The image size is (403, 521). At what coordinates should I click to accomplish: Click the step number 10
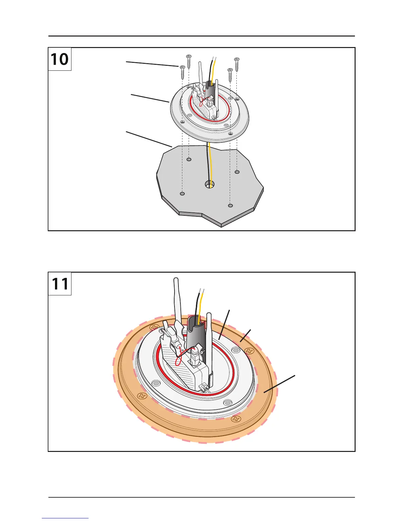(60, 60)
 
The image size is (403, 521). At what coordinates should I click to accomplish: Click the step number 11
(60, 284)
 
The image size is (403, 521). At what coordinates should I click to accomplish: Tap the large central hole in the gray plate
(209, 184)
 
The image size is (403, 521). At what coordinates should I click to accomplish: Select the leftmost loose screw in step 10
(182, 72)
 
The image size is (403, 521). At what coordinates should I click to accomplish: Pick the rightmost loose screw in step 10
(237, 65)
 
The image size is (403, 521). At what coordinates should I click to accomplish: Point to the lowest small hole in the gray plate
(230, 206)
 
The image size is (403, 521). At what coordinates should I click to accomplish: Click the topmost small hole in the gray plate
(189, 160)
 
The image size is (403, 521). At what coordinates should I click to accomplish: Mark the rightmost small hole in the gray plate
(237, 172)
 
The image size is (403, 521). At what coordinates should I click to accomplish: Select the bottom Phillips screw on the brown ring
(235, 419)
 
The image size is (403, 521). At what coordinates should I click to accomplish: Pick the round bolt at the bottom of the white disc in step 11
(228, 403)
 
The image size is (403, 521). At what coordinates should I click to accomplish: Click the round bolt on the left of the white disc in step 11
(157, 383)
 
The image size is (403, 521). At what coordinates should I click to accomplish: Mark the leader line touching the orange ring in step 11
(279, 383)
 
